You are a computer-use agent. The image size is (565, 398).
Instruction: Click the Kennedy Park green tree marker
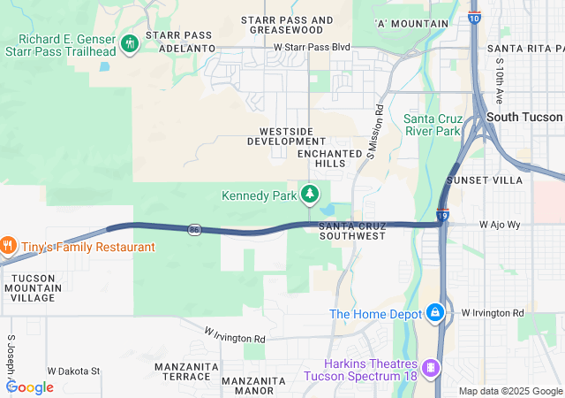pyautogui.click(x=310, y=193)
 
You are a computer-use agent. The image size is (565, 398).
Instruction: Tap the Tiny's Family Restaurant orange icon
pyautogui.click(x=6, y=245)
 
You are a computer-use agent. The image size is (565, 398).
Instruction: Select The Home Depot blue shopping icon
pyautogui.click(x=435, y=313)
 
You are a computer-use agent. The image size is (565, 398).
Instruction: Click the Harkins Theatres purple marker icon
pyautogui.click(x=431, y=367)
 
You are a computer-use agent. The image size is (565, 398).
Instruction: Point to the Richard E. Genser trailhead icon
pyautogui.click(x=130, y=43)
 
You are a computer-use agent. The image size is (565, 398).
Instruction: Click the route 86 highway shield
pyautogui.click(x=193, y=230)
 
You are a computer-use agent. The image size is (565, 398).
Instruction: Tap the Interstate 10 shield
pyautogui.click(x=474, y=16)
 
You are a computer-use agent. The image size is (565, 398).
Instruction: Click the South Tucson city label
pyautogui.click(x=524, y=117)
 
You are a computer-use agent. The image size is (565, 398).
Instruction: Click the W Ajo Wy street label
pyautogui.click(x=501, y=225)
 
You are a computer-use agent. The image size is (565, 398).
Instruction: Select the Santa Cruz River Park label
pyautogui.click(x=433, y=125)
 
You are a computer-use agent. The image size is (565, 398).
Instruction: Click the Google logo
pyautogui.click(x=30, y=387)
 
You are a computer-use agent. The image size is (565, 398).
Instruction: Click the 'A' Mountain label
pyautogui.click(x=411, y=24)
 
